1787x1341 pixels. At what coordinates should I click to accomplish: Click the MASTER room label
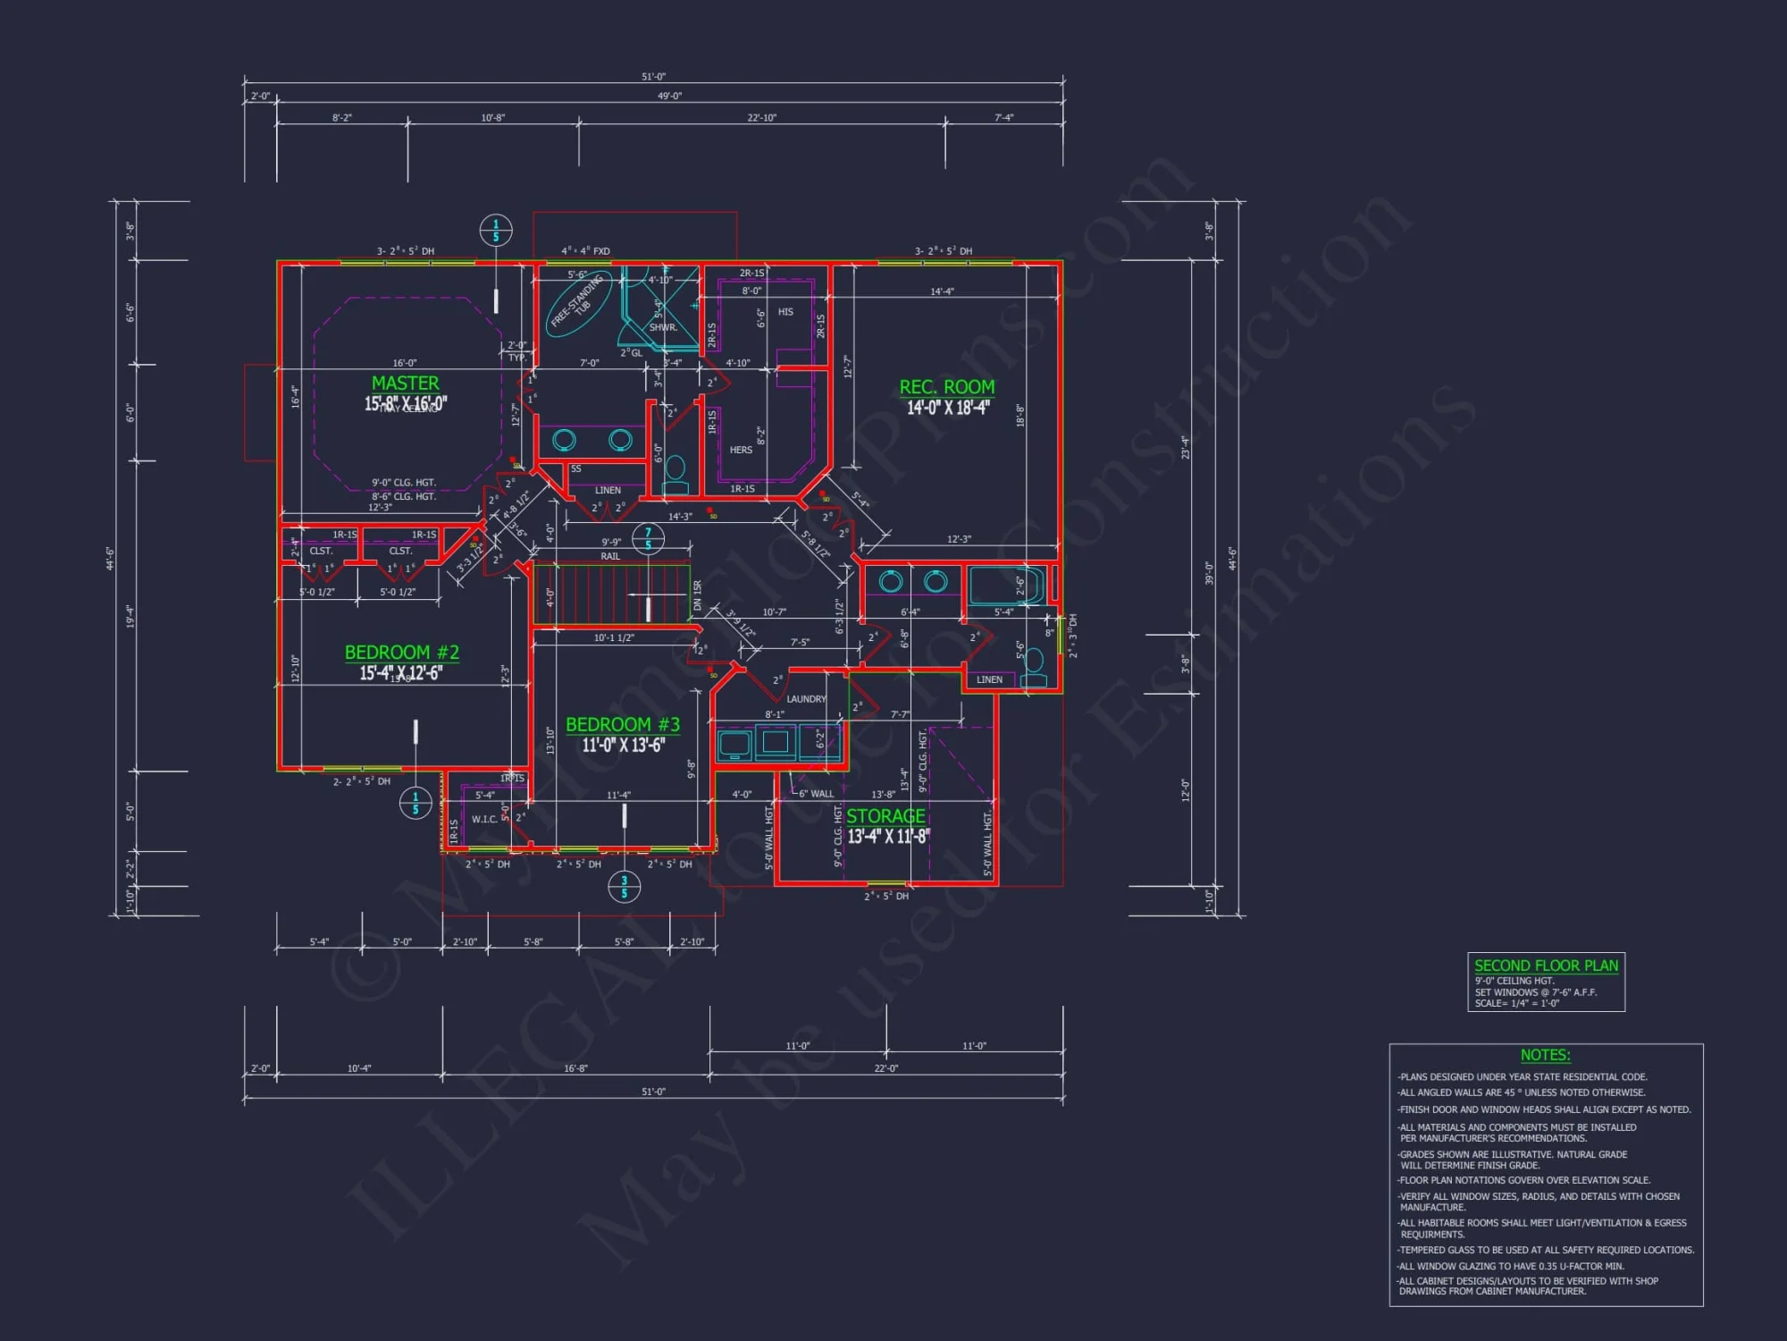pyautogui.click(x=405, y=384)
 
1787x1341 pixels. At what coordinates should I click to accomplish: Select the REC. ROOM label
pyautogui.click(x=946, y=387)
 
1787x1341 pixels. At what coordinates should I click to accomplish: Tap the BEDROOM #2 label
pyautogui.click(x=401, y=653)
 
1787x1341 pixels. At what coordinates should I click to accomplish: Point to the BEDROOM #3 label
pyautogui.click(x=622, y=725)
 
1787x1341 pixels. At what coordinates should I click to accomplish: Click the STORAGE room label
pyautogui.click(x=885, y=816)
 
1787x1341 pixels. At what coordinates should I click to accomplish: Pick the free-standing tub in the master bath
pyautogui.click(x=578, y=304)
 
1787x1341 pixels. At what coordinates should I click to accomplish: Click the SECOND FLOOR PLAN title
pyautogui.click(x=1546, y=966)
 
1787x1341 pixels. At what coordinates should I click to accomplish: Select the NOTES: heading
pyautogui.click(x=1545, y=1055)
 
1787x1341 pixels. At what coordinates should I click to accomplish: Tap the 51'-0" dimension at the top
pyautogui.click(x=653, y=77)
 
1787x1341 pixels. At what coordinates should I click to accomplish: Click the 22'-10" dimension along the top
pyautogui.click(x=761, y=118)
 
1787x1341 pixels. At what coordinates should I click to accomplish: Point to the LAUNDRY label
pyautogui.click(x=806, y=699)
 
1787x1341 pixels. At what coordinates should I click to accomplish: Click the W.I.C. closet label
pyautogui.click(x=484, y=819)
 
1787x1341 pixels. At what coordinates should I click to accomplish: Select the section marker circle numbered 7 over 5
pyautogui.click(x=648, y=538)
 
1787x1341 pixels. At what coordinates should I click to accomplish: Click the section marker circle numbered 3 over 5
pyautogui.click(x=624, y=887)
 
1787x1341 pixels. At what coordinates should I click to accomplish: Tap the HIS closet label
pyautogui.click(x=785, y=312)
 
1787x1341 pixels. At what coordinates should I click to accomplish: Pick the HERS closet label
pyautogui.click(x=741, y=450)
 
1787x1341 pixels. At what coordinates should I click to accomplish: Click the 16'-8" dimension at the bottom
pyautogui.click(x=575, y=1068)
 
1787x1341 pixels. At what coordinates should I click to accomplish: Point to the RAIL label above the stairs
pyautogui.click(x=609, y=556)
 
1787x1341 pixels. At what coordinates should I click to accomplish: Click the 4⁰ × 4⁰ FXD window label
pyautogui.click(x=585, y=251)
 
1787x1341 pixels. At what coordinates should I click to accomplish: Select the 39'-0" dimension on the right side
pyautogui.click(x=1209, y=572)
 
